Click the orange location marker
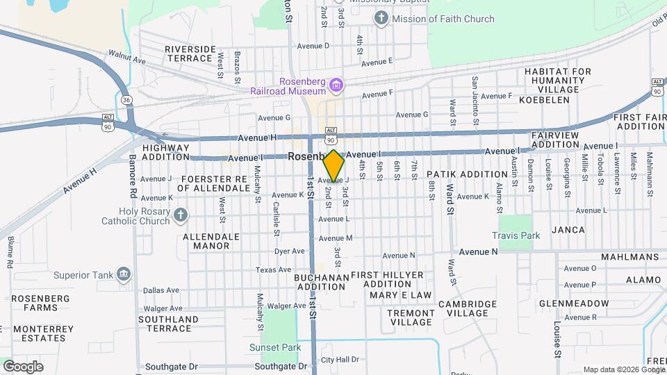[x=334, y=166]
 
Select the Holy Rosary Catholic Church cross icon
[x=181, y=215]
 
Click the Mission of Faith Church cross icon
[x=381, y=19]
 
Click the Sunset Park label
[x=276, y=347]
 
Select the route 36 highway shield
[x=126, y=100]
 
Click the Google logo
[x=23, y=366]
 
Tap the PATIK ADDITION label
[x=467, y=174]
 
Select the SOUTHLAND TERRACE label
[x=169, y=324]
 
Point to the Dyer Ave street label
[x=290, y=251]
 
